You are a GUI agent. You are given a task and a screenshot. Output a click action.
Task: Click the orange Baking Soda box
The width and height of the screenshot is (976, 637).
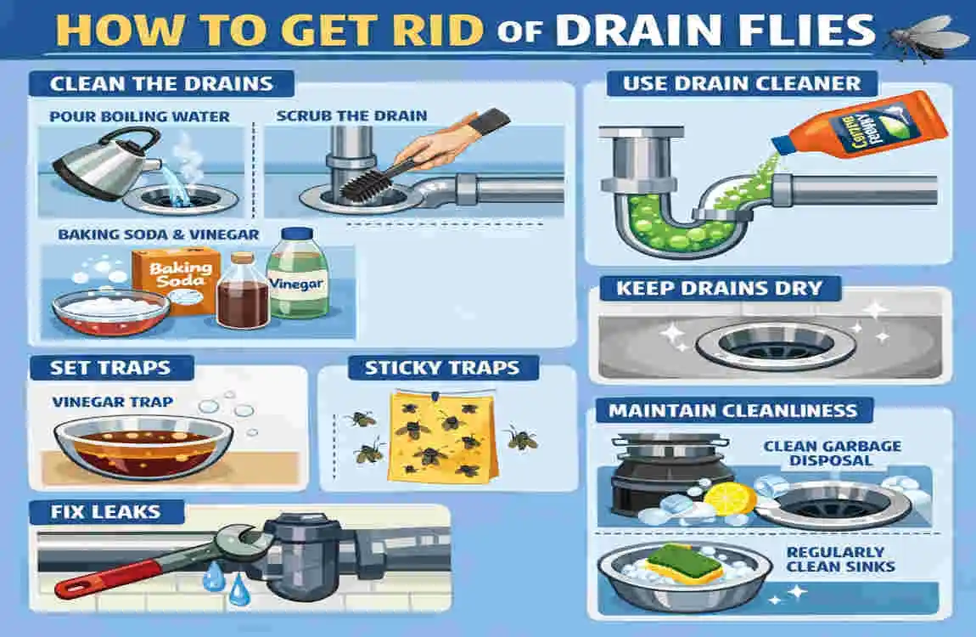[x=169, y=280]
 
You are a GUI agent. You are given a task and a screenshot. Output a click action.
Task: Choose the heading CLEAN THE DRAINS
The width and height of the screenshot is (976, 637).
[x=161, y=84]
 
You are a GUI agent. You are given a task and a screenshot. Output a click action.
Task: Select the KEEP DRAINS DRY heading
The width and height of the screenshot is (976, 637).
[x=719, y=288]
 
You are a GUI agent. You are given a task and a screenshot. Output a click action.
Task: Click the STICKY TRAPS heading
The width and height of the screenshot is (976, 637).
[x=440, y=369]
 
